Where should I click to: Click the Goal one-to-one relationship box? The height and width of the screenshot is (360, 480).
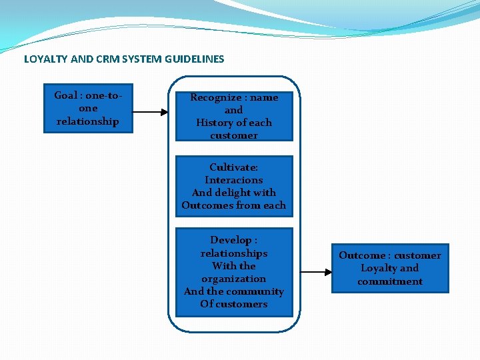[x=88, y=109]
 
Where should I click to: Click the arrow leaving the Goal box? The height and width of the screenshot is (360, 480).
[x=150, y=112]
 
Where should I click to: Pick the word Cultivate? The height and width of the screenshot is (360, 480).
[x=233, y=167]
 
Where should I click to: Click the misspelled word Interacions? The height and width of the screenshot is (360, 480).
[x=234, y=180]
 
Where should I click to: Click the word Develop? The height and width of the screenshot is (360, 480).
[x=231, y=240]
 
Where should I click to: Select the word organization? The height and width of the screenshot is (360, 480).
[x=234, y=279]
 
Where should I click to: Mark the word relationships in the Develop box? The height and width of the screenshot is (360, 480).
[x=234, y=253]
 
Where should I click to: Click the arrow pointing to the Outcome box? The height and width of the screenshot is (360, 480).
[x=316, y=272]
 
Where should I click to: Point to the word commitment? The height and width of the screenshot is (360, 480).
[x=390, y=281]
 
